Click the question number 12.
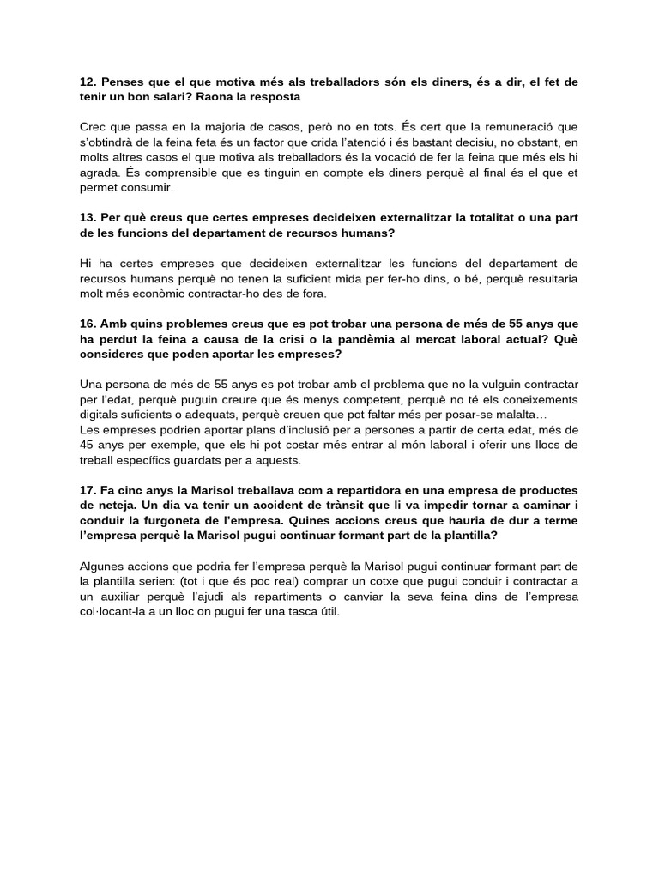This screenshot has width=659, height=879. tap(87, 82)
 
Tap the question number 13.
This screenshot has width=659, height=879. tap(87, 218)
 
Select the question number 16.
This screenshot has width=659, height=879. tap(87, 324)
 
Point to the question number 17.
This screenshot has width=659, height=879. tap(87, 489)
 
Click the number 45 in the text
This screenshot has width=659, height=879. tap(88, 445)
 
